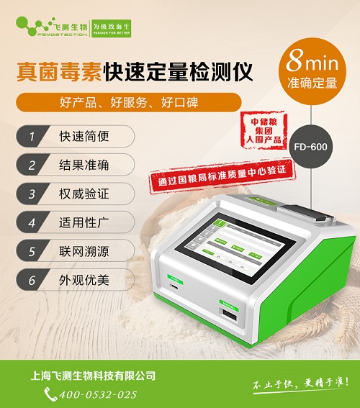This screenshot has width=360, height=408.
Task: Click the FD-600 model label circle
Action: click(310, 143)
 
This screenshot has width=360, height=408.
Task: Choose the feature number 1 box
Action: click(31, 135)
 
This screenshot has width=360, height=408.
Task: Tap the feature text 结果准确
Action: click(84, 164)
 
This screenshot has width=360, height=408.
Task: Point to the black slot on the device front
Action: click(229, 317)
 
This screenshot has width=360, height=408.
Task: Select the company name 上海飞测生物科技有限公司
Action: click(94, 376)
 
